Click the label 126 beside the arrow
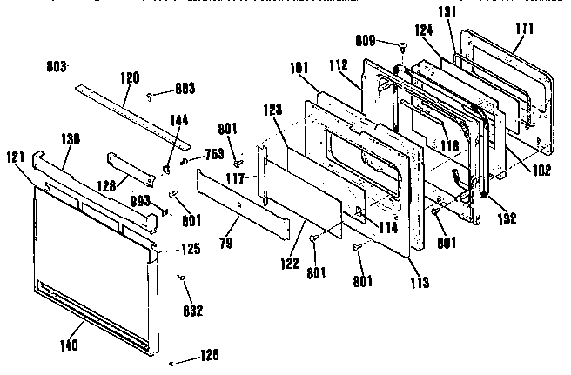pyautogui.click(x=208, y=355)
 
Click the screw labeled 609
pyautogui.click(x=404, y=44)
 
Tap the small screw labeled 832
pyautogui.click(x=179, y=278)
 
